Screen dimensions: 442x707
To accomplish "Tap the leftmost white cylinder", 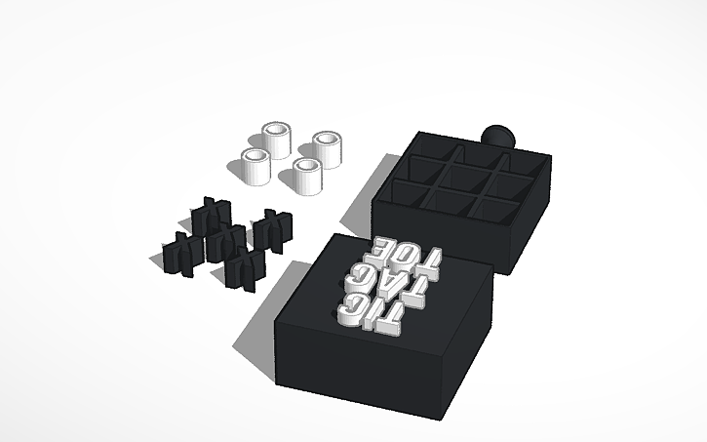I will [x=256, y=166].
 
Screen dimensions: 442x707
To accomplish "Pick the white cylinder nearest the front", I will [x=306, y=177].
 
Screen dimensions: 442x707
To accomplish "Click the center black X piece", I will [x=225, y=241].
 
